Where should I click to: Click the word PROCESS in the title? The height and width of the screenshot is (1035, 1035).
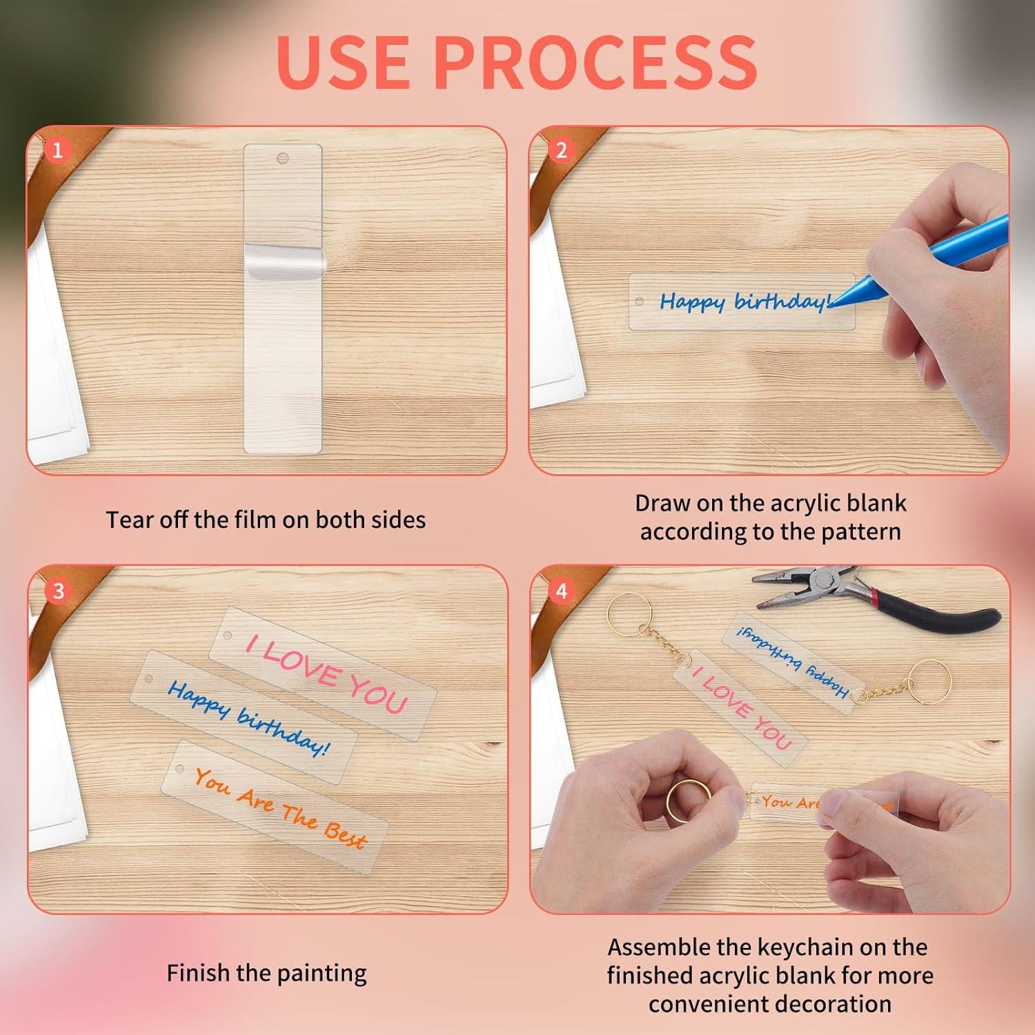click(596, 61)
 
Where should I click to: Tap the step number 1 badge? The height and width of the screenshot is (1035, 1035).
click(58, 150)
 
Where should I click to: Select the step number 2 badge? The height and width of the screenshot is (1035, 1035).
click(561, 150)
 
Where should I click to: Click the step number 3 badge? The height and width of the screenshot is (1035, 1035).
click(58, 591)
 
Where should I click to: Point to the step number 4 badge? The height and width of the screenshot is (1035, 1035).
click(561, 591)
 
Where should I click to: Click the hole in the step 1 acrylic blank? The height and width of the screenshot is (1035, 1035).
click(282, 158)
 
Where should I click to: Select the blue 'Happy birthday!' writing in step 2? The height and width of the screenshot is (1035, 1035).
click(742, 302)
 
